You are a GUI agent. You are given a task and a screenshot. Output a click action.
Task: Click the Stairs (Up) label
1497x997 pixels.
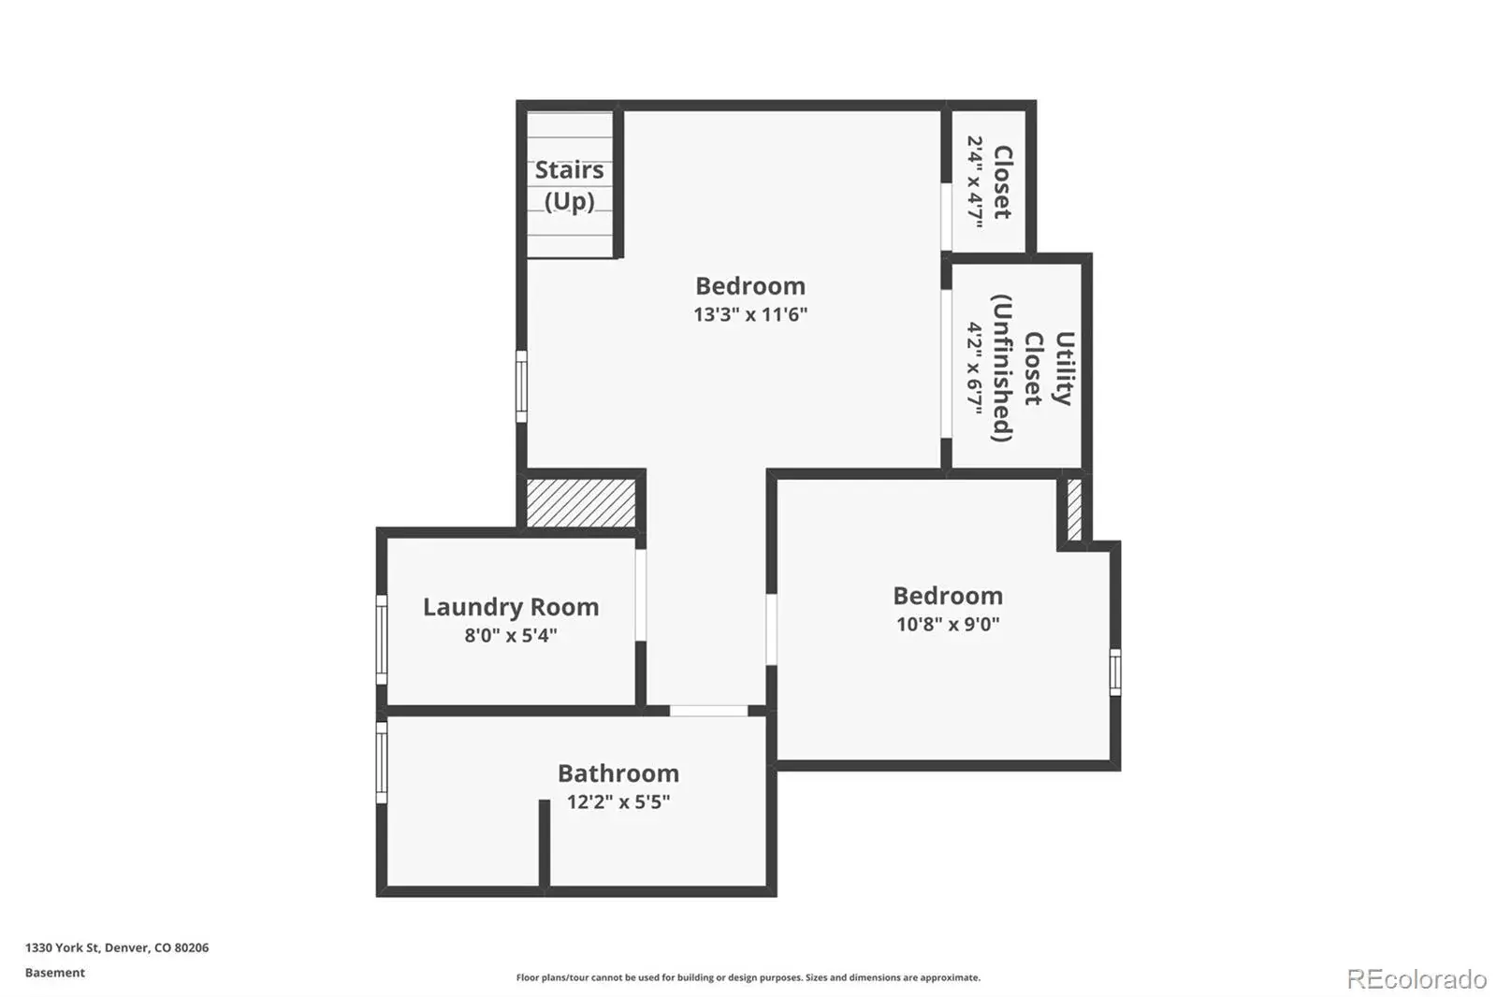point(570,185)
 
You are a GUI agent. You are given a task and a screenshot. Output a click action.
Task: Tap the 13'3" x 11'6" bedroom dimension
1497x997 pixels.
point(750,314)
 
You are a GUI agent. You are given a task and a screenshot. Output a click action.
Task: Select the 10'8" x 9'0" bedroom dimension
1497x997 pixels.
point(948,624)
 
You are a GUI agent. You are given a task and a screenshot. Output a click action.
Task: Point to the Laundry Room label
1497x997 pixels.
point(511,607)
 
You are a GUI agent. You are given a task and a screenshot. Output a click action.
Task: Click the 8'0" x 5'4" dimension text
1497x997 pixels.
point(511,635)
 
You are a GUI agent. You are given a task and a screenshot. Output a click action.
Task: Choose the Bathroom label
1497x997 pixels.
point(618,773)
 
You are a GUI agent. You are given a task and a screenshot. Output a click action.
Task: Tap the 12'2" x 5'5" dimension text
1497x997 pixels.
point(618,802)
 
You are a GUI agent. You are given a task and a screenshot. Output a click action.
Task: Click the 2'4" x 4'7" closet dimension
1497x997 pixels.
point(975,182)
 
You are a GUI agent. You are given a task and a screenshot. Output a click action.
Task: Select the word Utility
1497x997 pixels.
point(1064,368)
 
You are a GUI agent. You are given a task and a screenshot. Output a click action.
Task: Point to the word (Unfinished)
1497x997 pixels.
point(1002,368)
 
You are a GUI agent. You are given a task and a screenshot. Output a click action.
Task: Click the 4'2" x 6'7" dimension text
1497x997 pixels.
point(975,368)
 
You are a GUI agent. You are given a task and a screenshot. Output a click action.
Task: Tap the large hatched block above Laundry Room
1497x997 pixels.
point(581,502)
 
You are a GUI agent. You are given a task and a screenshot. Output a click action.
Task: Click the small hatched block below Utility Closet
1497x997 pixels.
point(1074,510)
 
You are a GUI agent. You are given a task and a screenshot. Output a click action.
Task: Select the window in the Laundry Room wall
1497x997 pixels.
point(382,640)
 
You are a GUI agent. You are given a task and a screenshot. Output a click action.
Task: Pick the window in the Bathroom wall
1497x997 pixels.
point(382,762)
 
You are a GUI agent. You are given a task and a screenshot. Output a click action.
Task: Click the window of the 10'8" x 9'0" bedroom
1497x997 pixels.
point(1115,672)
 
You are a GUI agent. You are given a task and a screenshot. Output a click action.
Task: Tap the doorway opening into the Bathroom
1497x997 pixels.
point(708,710)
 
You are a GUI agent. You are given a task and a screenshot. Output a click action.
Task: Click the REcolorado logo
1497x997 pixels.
point(1417,979)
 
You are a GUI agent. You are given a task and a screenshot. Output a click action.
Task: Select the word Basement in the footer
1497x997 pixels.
point(55,973)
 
